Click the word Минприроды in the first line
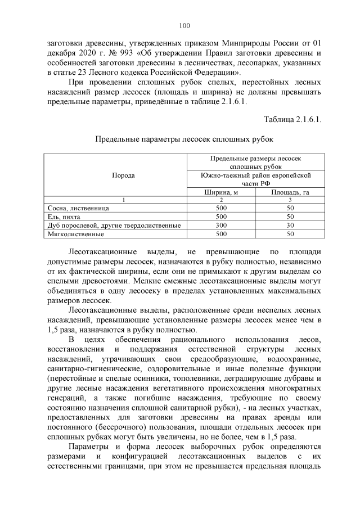pyautogui.click(x=238, y=43)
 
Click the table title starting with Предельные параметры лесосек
pyautogui.click(x=184, y=138)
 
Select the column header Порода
pyautogui.click(x=123, y=175)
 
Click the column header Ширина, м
pyautogui.click(x=221, y=192)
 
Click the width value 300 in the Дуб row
pyautogui.click(x=221, y=225)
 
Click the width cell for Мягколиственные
pyautogui.click(x=221, y=233)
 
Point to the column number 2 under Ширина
pyautogui.click(x=221, y=200)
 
